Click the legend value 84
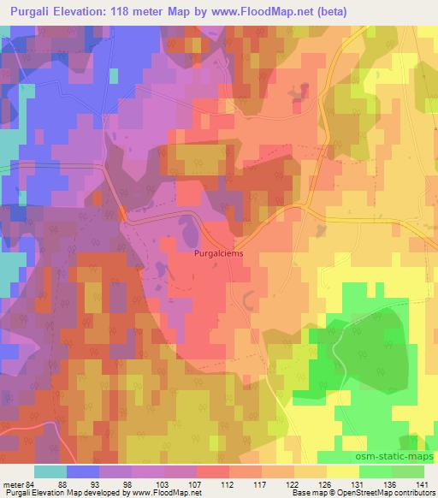point(32,483)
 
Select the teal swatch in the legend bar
point(50,471)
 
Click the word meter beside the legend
point(13,483)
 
